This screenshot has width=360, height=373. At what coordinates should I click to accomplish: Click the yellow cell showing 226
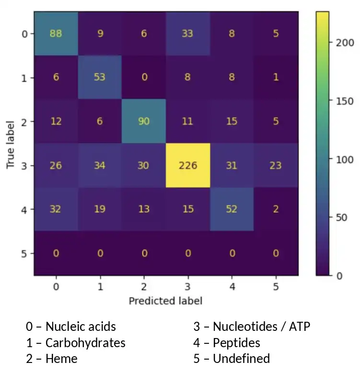click(x=187, y=166)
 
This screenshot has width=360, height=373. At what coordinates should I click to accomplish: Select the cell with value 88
click(x=56, y=34)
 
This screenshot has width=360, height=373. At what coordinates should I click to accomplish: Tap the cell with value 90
click(x=143, y=122)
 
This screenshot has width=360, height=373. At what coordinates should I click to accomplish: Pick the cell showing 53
click(x=100, y=78)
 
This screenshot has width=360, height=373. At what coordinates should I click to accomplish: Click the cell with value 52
click(x=232, y=209)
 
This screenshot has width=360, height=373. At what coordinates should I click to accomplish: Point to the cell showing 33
click(x=187, y=34)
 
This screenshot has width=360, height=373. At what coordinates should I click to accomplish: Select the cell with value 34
click(x=100, y=166)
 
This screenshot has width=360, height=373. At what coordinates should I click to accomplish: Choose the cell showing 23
click(x=276, y=166)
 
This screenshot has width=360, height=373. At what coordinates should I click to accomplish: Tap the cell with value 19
click(x=100, y=209)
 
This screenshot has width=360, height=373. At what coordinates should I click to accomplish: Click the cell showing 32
click(x=56, y=209)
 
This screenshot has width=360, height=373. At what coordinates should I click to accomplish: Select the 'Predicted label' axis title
click(x=165, y=301)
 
